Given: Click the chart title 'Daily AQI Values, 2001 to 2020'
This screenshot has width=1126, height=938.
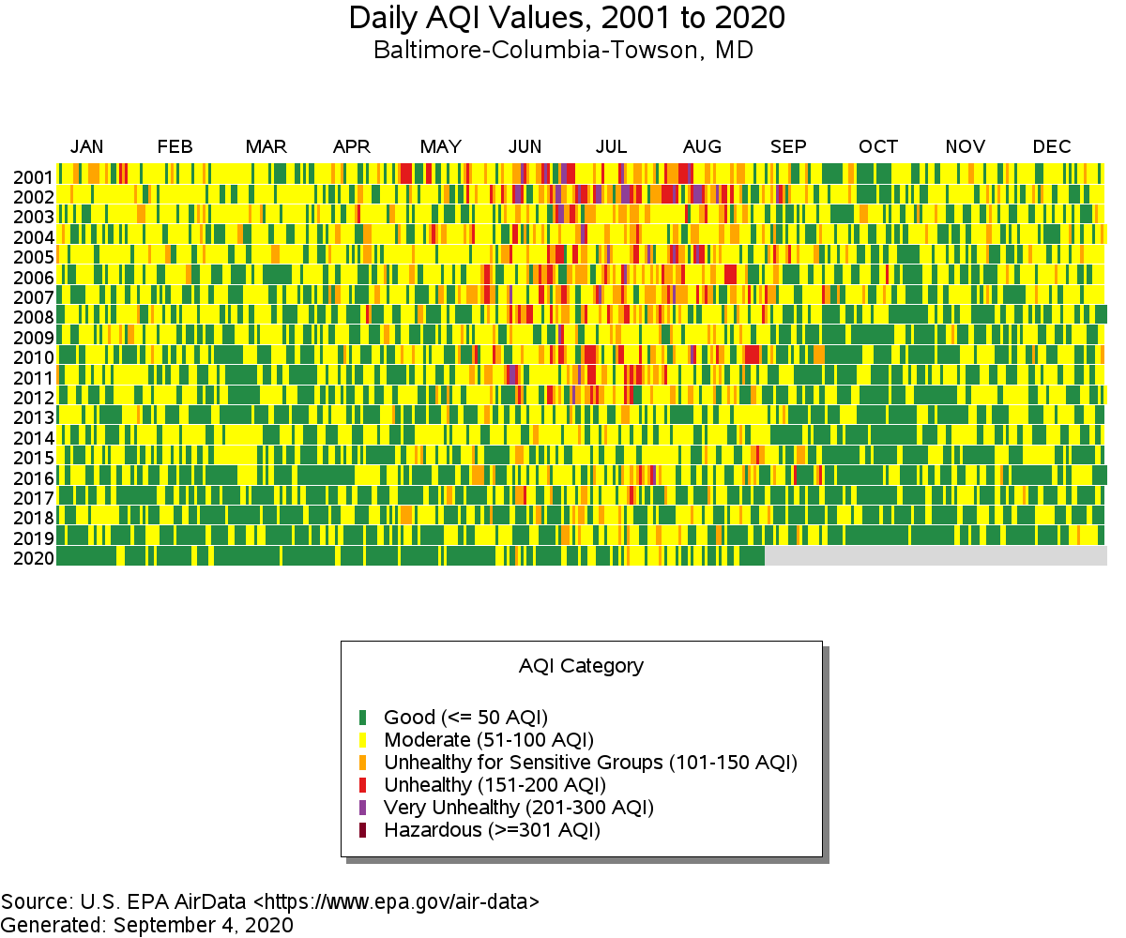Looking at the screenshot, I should point(567,18).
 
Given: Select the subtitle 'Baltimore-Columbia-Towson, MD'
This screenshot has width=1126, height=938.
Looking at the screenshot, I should point(563,50).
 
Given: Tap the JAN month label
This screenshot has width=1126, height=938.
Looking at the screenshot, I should point(87,146).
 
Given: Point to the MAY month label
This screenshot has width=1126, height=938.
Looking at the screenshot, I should point(440,146).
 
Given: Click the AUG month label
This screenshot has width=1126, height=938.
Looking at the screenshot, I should point(702,146).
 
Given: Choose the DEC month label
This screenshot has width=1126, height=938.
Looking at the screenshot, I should point(1051,146).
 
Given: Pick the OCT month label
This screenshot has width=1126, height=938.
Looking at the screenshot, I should point(877,146).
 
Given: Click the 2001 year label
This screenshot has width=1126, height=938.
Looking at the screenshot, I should point(34,177).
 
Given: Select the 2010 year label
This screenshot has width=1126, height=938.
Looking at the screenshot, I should point(34,358).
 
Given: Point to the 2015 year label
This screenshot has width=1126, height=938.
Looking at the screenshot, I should point(34,459).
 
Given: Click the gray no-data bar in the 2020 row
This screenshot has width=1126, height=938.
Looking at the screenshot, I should point(936,556).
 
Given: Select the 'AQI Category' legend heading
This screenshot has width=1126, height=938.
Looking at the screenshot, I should point(581,666).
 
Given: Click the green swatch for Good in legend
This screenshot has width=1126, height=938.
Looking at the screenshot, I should point(363,718).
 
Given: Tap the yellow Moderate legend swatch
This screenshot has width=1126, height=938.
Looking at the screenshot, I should point(363,740).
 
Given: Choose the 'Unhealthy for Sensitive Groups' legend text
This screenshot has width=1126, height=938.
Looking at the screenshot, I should point(590,762).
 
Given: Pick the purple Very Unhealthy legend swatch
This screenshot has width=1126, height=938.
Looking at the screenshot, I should point(363,807).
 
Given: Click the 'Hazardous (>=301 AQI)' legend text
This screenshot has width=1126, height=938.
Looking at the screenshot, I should point(492,829).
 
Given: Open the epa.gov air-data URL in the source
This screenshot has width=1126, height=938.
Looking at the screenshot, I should point(396,902).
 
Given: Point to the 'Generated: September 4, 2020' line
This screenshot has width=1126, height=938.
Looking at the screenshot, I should point(147,925).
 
